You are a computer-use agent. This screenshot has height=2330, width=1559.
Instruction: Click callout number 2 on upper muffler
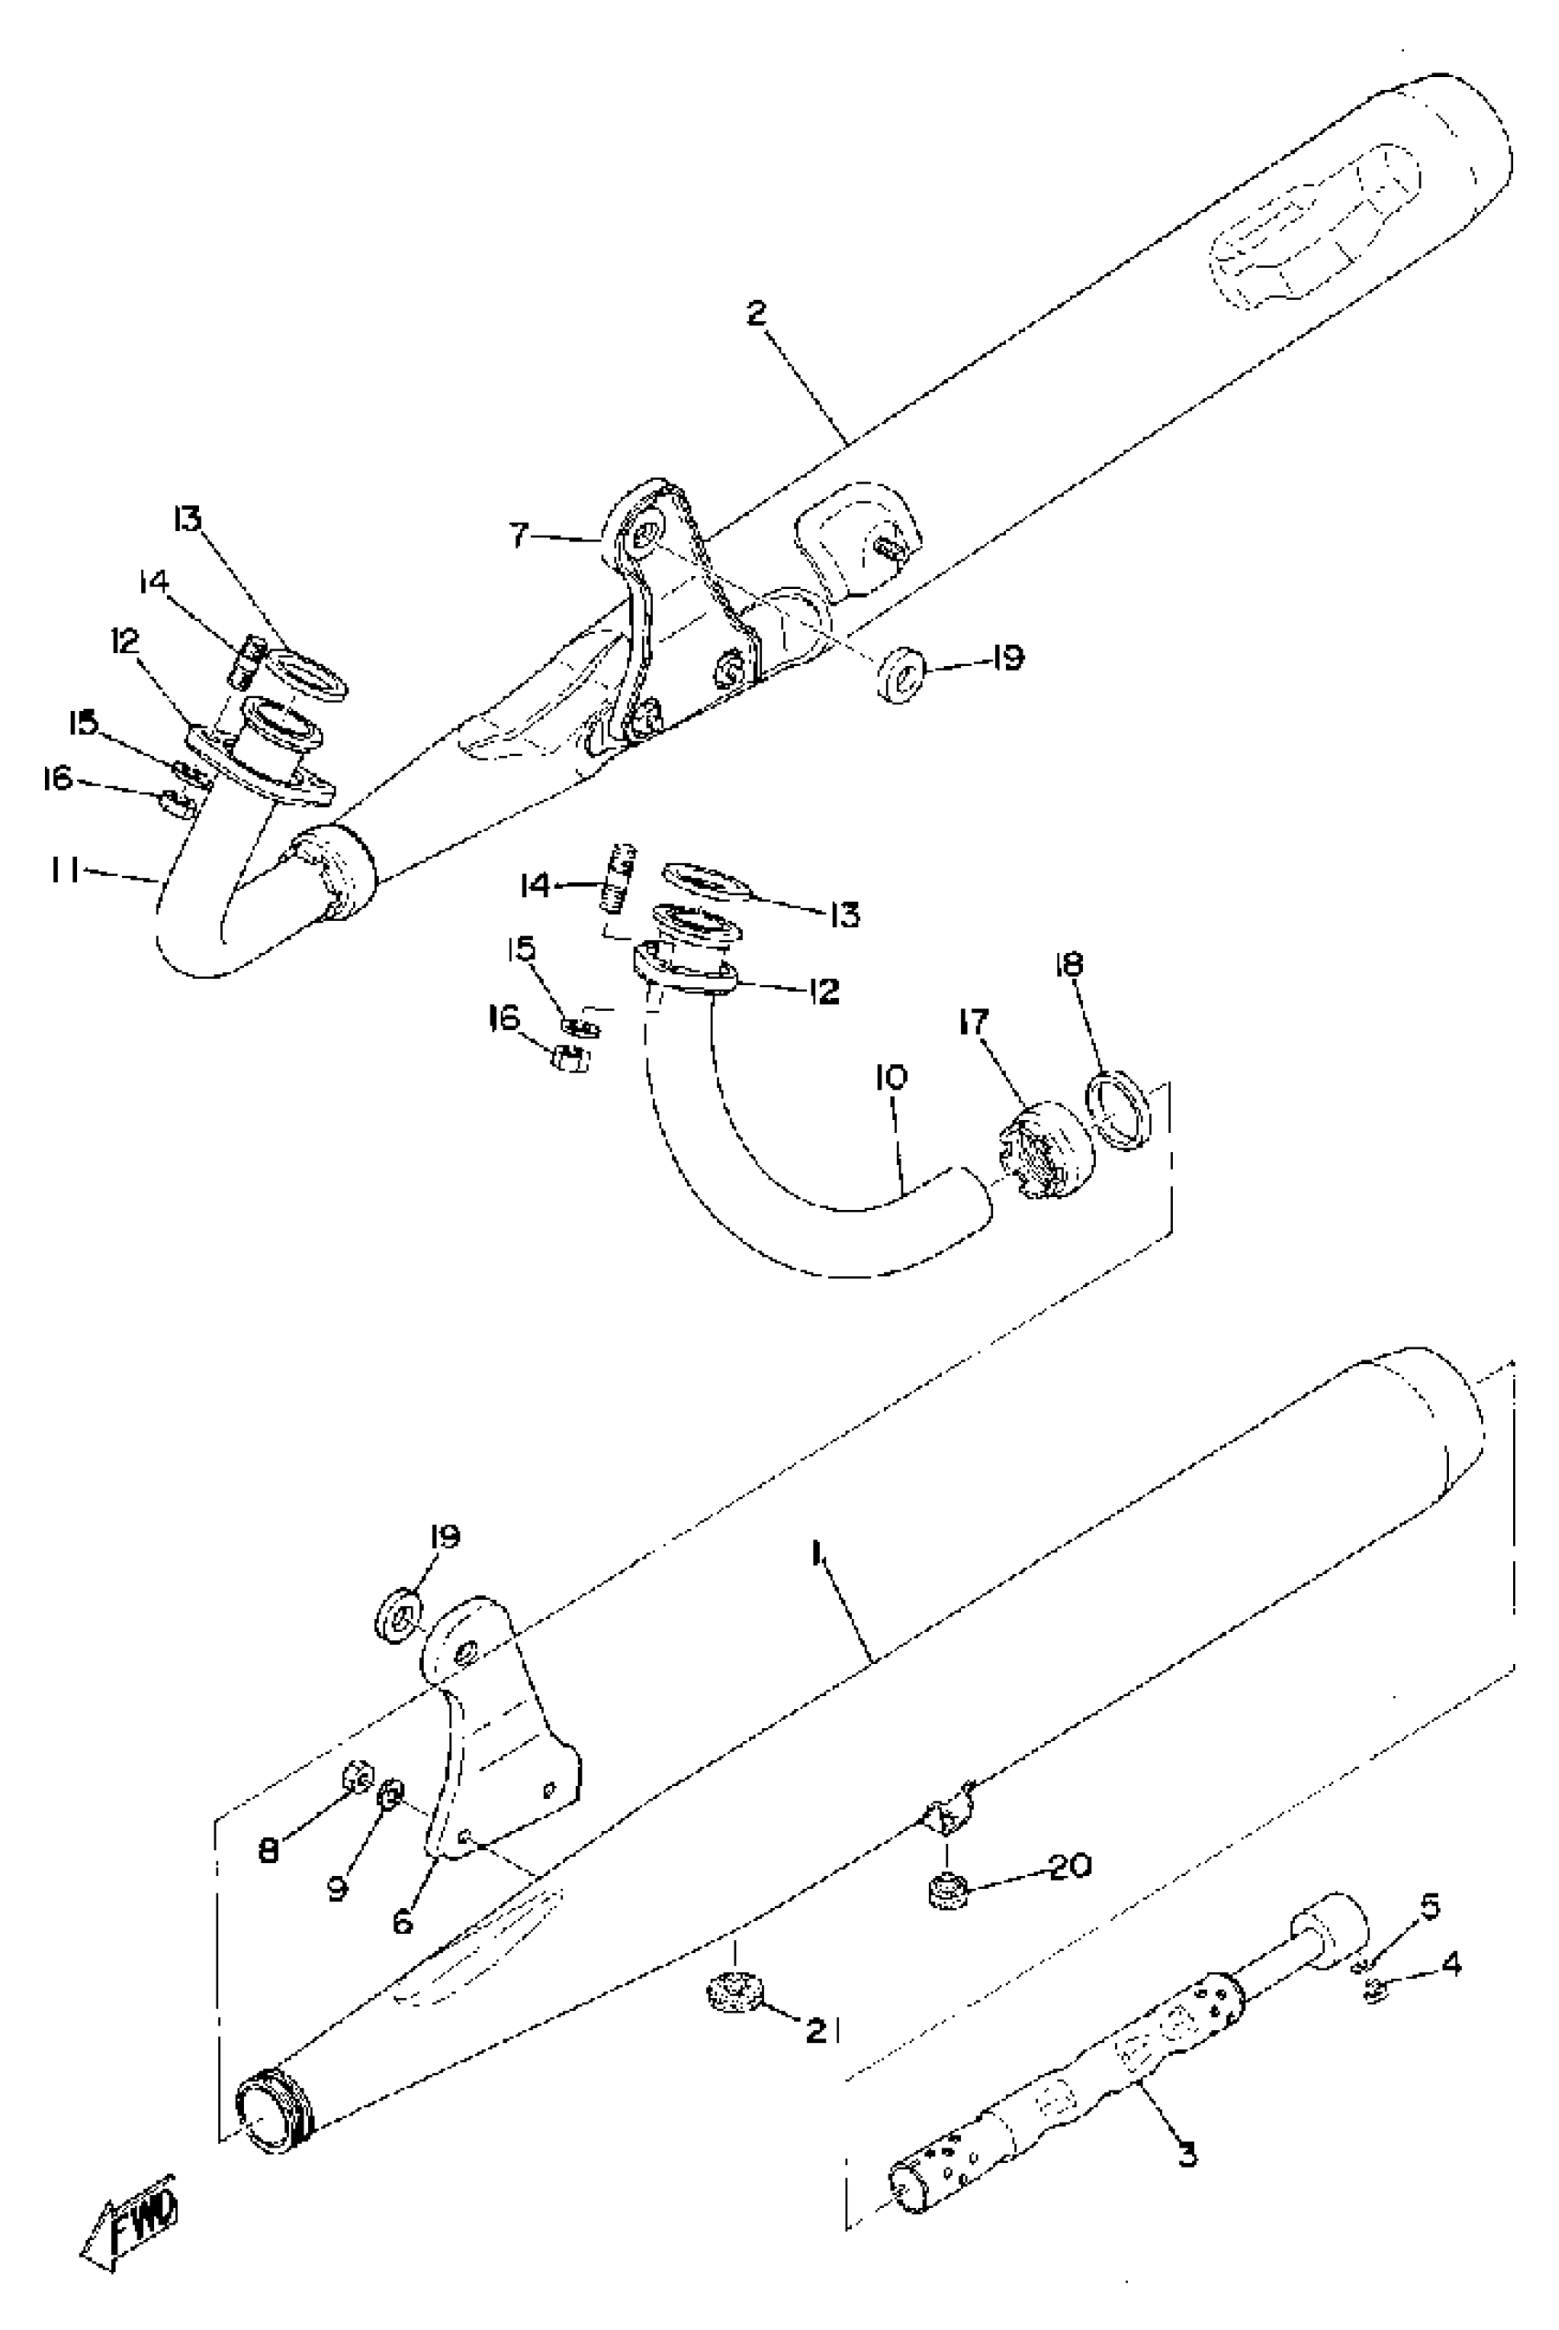pos(757,315)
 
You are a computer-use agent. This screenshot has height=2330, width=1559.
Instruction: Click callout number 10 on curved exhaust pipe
pos(892,1077)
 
